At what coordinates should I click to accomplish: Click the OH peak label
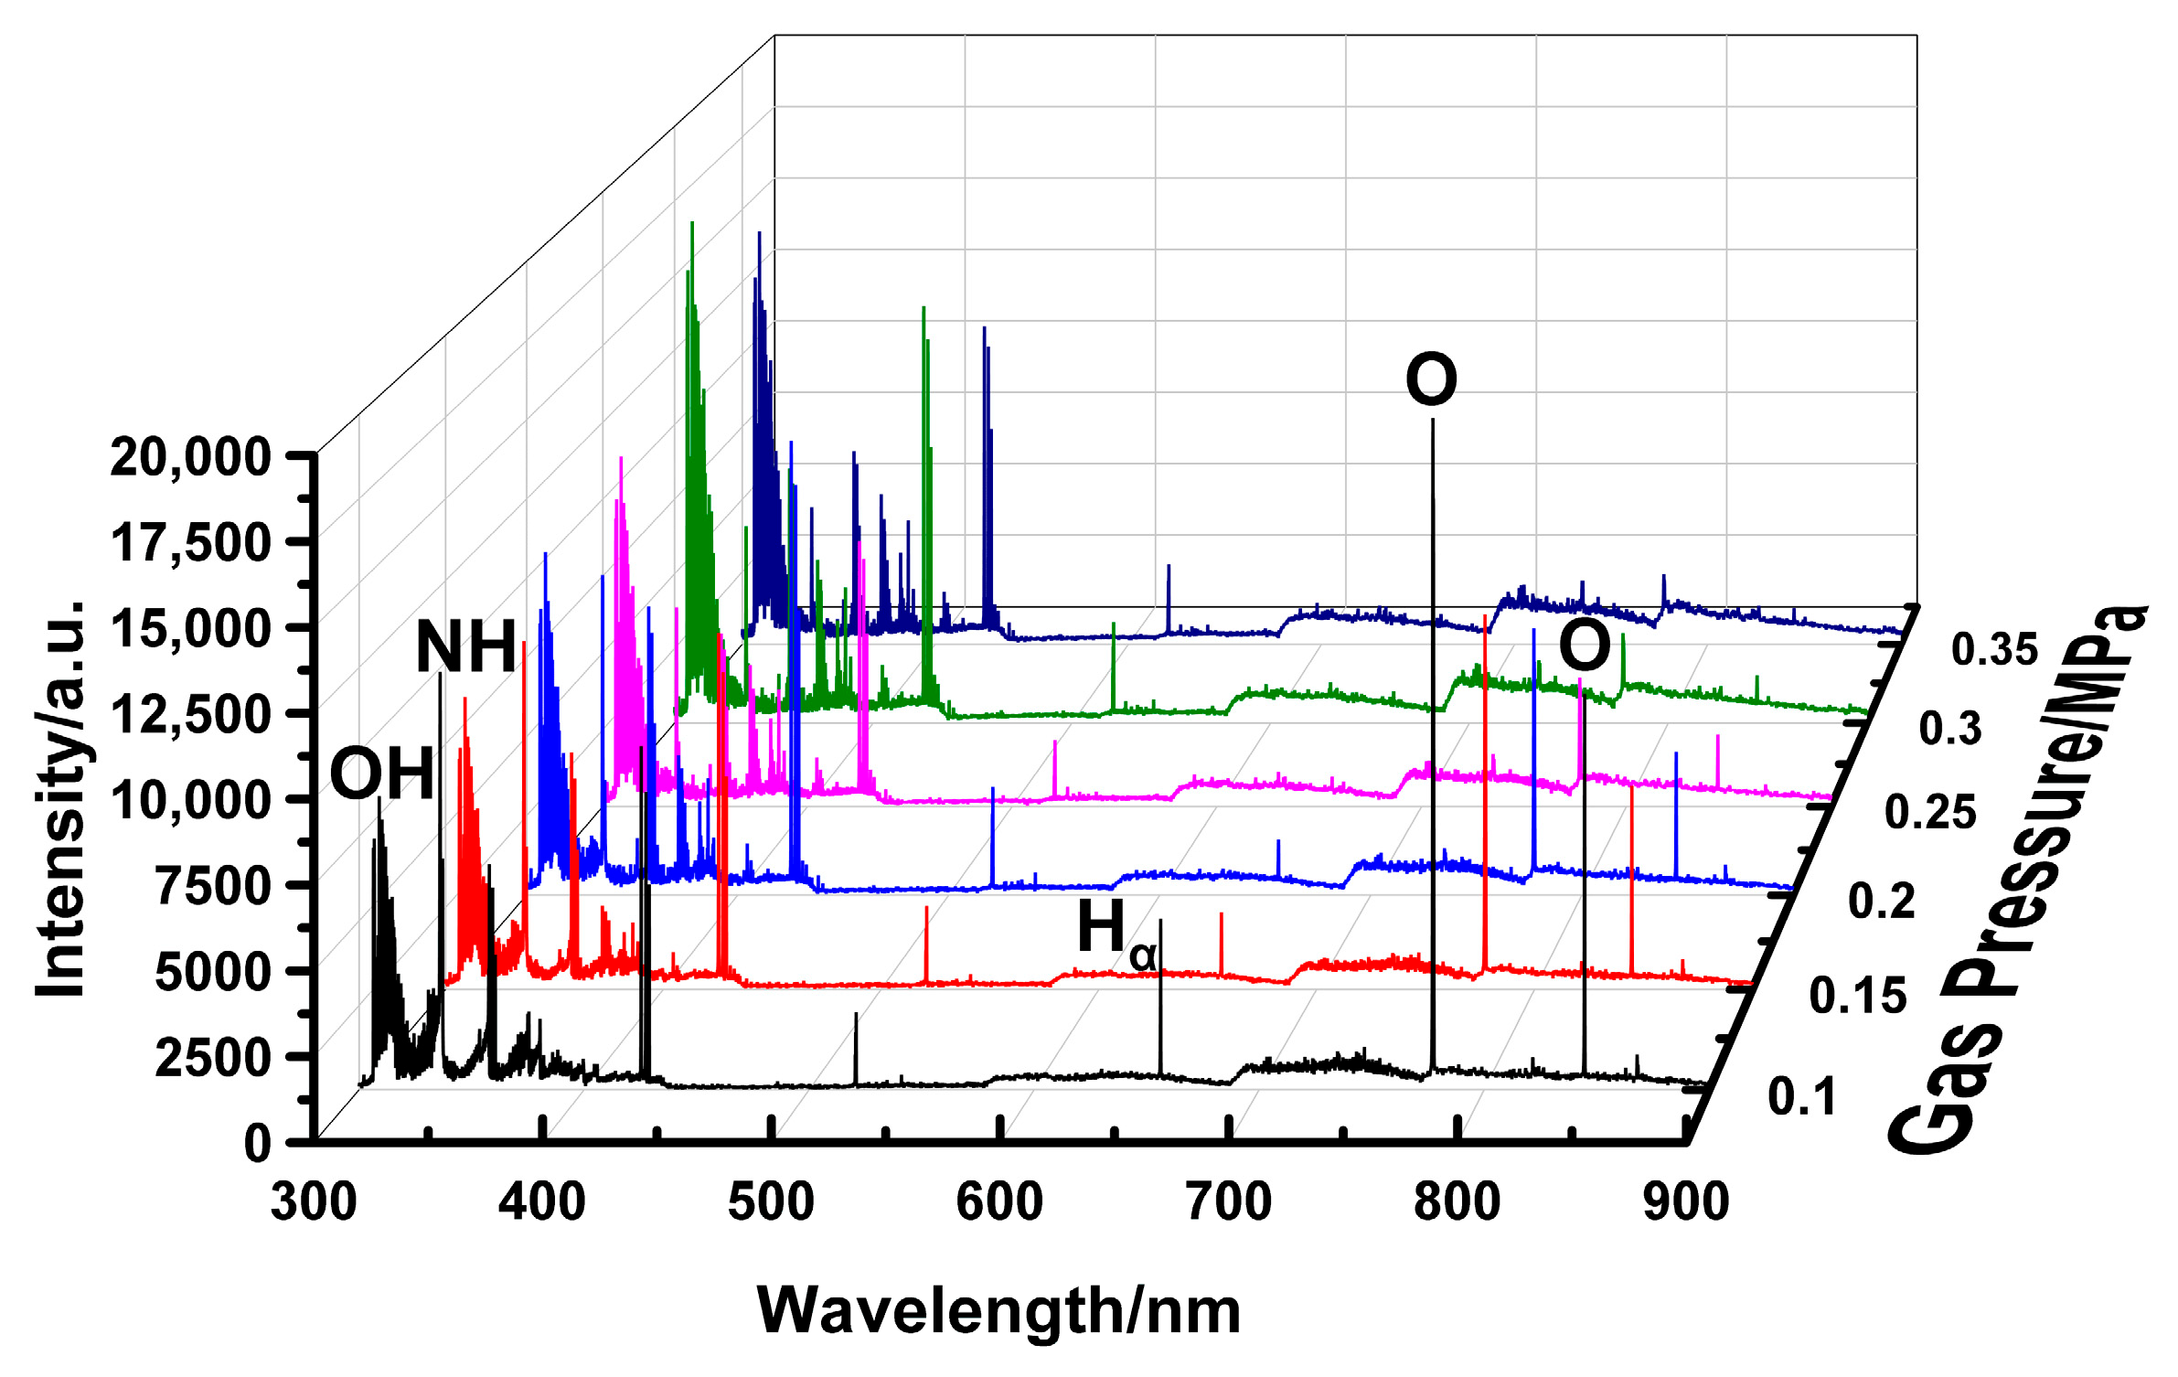click(381, 774)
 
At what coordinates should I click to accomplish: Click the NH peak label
click(466, 646)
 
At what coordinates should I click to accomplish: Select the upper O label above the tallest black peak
click(1431, 379)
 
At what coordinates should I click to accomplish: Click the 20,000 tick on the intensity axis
click(190, 456)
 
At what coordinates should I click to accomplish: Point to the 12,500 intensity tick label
click(190, 714)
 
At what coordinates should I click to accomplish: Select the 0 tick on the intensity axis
click(257, 1144)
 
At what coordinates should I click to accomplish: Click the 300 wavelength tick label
click(314, 1201)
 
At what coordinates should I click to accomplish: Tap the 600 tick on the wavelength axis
click(999, 1201)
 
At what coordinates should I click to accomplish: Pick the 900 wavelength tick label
click(1685, 1201)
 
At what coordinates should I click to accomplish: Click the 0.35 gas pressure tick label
click(1994, 650)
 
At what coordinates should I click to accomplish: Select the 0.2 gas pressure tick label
click(1881, 901)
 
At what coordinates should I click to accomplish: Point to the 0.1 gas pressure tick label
click(1801, 1096)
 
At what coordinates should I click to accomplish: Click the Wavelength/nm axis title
click(998, 1311)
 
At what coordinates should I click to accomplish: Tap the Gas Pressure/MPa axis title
click(2016, 878)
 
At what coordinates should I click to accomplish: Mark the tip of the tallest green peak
click(692, 223)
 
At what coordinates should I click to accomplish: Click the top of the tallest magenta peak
click(621, 458)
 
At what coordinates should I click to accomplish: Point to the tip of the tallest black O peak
click(1433, 420)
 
